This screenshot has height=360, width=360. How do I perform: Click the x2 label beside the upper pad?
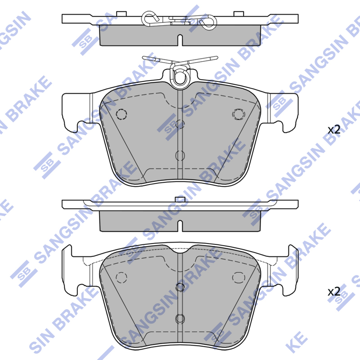point(334,130)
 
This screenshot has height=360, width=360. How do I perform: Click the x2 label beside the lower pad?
point(334,292)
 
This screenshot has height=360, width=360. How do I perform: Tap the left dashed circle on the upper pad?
point(121,114)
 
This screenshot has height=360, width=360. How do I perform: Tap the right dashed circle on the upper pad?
point(238,114)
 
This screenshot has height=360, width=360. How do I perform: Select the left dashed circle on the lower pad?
point(121,277)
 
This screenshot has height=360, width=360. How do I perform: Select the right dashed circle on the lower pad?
point(238,277)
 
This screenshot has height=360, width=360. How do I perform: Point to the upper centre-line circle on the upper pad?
point(180,125)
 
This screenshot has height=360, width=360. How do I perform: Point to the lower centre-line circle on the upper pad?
point(180,156)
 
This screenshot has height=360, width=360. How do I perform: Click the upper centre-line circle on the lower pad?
point(180,287)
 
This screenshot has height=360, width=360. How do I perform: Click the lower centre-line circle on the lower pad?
point(180,319)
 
